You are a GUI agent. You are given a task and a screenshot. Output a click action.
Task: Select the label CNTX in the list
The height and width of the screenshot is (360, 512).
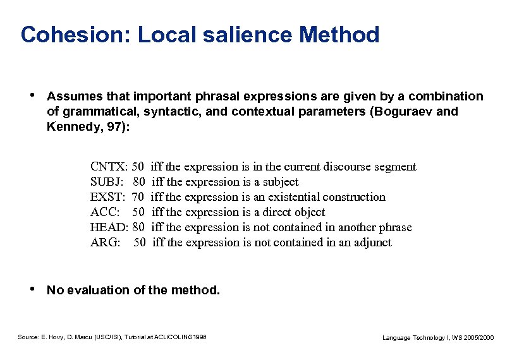point(108,167)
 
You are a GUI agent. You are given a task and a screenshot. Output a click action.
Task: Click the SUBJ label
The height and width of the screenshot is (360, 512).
point(107,183)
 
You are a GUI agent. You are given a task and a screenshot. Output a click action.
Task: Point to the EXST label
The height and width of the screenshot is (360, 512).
point(107,198)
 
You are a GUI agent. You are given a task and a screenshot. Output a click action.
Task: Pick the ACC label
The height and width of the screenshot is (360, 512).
point(104,213)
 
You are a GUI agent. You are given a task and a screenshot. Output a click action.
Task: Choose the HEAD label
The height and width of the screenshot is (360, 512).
point(109,228)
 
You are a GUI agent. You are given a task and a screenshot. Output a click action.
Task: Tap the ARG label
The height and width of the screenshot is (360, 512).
point(104,243)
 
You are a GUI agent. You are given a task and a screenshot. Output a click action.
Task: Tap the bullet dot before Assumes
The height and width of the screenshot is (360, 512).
point(32,96)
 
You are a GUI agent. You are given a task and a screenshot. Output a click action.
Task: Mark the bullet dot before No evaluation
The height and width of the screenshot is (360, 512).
point(32,289)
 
